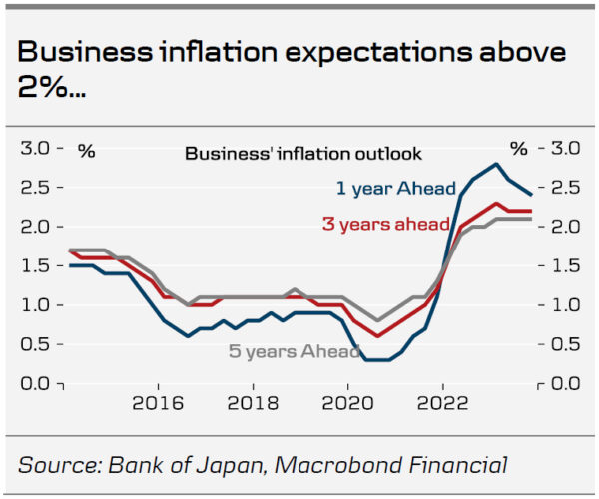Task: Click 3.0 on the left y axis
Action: [x=35, y=149]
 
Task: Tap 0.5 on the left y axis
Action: [x=35, y=344]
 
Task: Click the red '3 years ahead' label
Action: [x=385, y=224]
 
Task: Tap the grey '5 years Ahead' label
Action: [x=293, y=351]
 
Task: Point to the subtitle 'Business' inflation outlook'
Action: [x=303, y=154]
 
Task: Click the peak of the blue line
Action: [x=496, y=164]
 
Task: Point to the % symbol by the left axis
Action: [x=87, y=151]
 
